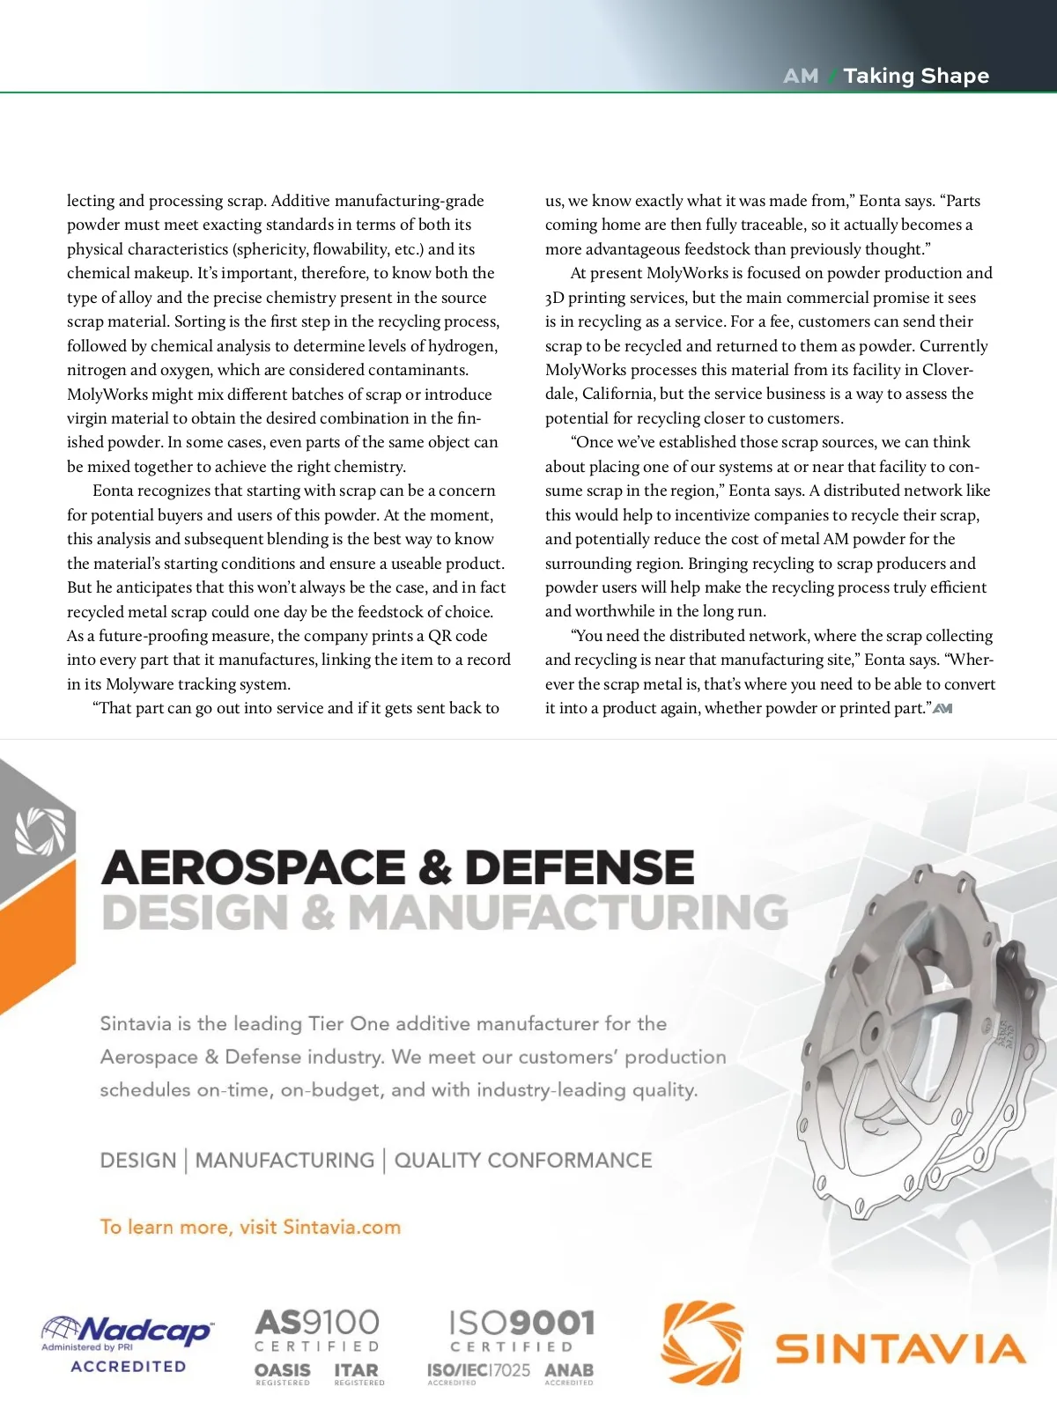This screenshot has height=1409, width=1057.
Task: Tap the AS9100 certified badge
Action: [317, 1331]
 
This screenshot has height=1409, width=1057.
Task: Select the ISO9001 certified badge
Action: [521, 1331]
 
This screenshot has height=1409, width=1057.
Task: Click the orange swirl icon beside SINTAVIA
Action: [702, 1342]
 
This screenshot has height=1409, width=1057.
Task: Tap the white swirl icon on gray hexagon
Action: [41, 831]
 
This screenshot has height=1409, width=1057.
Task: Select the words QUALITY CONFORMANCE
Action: [523, 1161]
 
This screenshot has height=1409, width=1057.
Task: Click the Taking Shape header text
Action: [916, 76]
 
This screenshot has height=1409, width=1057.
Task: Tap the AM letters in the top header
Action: [801, 76]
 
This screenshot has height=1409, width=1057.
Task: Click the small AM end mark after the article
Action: [942, 708]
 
